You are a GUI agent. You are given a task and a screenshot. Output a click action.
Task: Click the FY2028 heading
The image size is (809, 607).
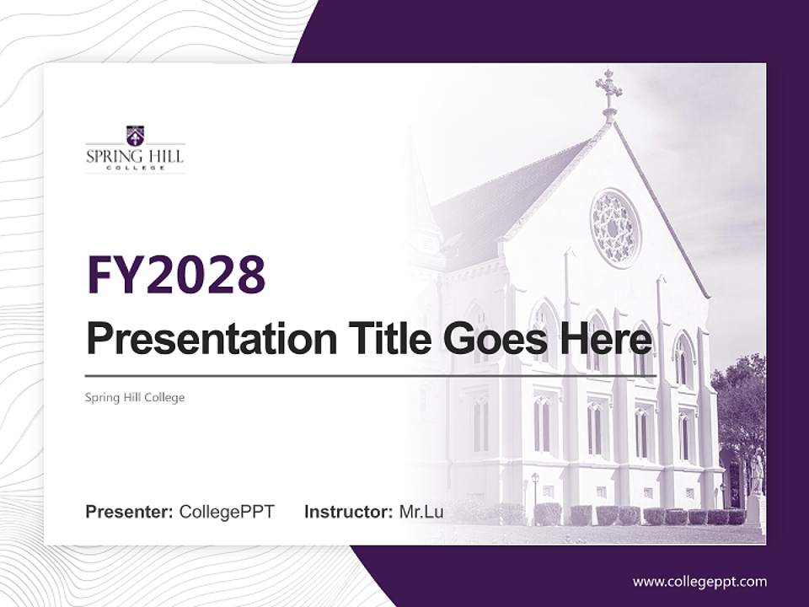coord(176,275)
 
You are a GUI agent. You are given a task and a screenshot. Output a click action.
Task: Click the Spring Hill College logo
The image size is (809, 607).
coord(135,149)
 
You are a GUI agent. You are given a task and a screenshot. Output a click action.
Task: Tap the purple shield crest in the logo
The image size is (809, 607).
coord(135,135)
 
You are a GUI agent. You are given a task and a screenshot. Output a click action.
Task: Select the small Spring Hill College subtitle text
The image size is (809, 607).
coord(135,397)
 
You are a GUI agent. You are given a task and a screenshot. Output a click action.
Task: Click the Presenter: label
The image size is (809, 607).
coord(130,512)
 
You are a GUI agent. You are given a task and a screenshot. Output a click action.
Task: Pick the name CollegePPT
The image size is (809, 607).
coord(227,512)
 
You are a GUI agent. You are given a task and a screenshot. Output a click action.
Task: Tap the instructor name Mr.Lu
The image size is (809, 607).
coord(421,512)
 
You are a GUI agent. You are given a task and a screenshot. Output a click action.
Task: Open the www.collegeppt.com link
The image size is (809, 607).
coord(699,582)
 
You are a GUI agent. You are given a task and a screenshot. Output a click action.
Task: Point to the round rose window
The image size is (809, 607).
coord(615,228)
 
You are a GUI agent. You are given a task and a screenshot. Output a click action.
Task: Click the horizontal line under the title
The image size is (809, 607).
coord(371,375)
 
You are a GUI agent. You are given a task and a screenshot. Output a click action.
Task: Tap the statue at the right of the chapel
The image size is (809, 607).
coord(756,476)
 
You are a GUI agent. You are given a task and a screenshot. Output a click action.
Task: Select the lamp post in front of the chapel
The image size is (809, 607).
coord(534,493)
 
